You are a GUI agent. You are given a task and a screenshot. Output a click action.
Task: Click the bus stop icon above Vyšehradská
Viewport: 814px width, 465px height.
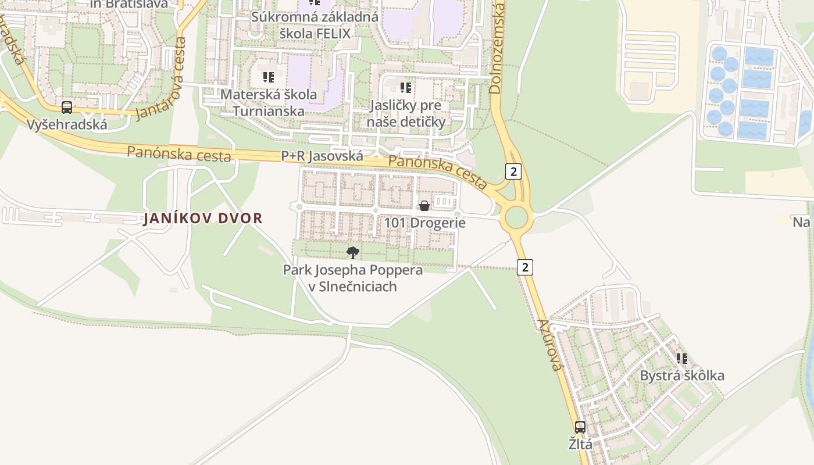coord(67,108)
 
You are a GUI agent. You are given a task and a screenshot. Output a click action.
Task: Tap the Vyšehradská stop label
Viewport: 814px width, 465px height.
coord(67,124)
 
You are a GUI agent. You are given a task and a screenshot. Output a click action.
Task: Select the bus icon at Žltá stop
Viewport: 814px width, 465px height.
coord(580,427)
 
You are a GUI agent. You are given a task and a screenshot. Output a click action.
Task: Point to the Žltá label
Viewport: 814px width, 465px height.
coord(580,445)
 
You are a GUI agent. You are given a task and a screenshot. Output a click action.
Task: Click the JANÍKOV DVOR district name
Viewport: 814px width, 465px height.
coord(203,219)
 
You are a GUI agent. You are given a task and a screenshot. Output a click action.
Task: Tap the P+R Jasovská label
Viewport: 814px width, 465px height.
coord(322,156)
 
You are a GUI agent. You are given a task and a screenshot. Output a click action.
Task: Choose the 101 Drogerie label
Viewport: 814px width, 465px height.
coord(424,223)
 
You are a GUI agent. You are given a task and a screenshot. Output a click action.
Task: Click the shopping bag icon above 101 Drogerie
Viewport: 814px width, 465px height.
coord(424,206)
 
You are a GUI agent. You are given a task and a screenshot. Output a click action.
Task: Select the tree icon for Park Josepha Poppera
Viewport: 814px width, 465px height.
coord(352,252)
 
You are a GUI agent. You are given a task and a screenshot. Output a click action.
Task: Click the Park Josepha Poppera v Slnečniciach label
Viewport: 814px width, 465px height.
coord(352,278)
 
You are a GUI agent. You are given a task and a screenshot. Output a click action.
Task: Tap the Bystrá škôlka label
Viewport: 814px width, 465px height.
coord(682,375)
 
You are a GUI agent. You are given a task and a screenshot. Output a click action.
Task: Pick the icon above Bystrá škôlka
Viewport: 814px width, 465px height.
coord(682,359)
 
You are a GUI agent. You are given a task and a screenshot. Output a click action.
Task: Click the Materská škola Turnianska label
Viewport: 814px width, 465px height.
coord(269,102)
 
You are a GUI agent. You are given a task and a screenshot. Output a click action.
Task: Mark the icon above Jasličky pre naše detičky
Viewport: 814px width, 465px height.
coord(406,88)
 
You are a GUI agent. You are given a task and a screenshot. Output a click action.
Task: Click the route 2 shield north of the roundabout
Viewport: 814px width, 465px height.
coord(513,171)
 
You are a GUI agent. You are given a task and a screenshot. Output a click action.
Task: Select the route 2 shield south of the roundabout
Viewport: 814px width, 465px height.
coord(524,267)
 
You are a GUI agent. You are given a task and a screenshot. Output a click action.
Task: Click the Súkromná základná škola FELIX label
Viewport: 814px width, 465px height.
coord(315,25)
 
